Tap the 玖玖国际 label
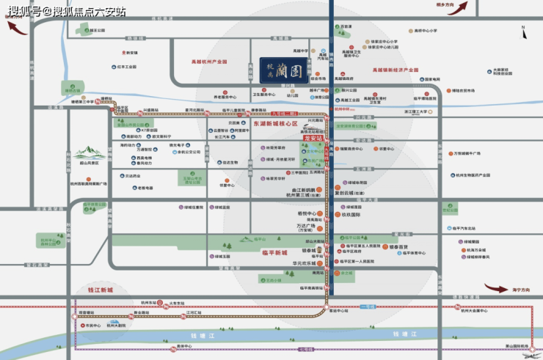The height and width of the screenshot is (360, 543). (x=351, y=215)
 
